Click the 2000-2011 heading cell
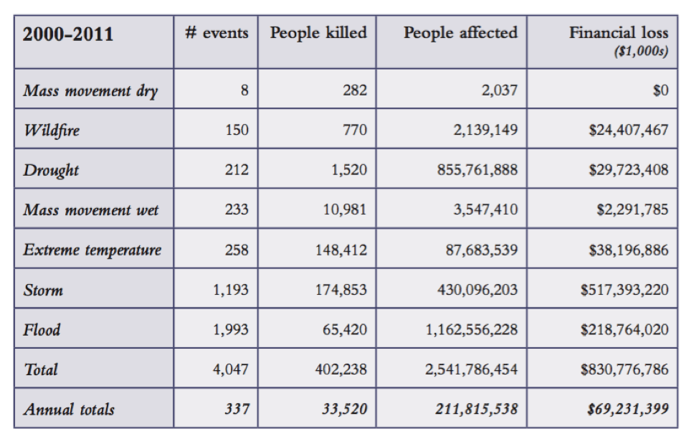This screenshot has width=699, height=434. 68,34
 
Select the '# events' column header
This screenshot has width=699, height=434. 217,33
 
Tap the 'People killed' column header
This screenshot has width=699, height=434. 318,33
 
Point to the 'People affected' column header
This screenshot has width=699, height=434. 460,33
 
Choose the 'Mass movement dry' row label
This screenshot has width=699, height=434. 90,90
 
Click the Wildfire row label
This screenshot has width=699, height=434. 52,130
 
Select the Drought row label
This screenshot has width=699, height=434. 52,170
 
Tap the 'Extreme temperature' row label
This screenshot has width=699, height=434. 92,250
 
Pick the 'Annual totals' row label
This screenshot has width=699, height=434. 69,410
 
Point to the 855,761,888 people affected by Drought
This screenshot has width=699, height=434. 477,170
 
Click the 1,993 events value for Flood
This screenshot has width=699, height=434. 231,330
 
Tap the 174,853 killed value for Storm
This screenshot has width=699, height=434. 341,290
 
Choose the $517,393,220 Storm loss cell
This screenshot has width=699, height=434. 624,290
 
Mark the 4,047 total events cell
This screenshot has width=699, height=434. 231,369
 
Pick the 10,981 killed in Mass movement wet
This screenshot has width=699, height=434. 345,209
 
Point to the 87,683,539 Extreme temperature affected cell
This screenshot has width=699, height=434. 481,250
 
